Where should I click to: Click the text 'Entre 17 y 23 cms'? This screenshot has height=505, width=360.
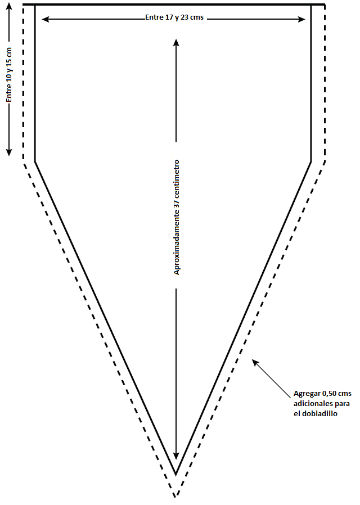[174, 18]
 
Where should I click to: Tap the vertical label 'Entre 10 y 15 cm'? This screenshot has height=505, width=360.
[9, 74]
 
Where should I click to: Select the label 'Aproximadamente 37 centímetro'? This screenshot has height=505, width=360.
[177, 217]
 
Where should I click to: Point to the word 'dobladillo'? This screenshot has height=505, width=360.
[318, 413]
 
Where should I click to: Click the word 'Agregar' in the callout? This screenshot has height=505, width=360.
[307, 393]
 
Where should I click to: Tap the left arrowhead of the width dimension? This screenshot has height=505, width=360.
[44, 19]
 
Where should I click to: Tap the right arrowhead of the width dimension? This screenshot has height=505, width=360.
[303, 19]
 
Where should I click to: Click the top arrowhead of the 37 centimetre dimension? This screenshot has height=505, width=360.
[177, 42]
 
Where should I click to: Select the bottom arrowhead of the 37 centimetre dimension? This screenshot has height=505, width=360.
[177, 456]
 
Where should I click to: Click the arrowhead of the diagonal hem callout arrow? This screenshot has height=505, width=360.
[254, 362]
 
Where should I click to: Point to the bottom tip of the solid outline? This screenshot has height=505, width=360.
[176, 474]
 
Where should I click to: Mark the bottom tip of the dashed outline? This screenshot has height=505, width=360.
[176, 496]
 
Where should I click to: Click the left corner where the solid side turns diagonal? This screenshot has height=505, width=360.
[35, 162]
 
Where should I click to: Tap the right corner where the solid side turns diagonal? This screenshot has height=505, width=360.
[311, 162]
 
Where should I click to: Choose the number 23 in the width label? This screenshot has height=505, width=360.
[185, 18]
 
